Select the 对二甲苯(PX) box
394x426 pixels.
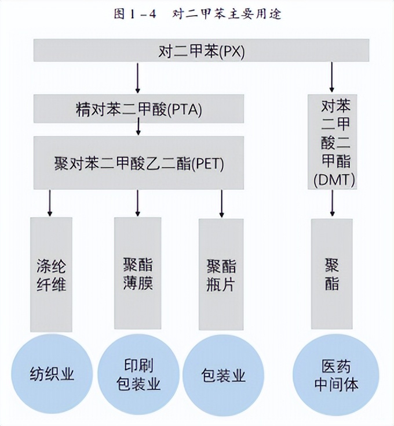tap(201, 50)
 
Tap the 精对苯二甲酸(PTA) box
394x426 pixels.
tap(138, 109)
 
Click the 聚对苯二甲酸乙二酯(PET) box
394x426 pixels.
tap(138, 163)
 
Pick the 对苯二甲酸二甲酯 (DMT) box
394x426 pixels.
tap(331, 142)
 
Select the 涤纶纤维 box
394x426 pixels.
tap(51, 275)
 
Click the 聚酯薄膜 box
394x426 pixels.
tap(138, 275)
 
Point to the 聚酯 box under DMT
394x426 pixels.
tap(332, 275)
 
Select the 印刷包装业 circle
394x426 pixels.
tap(138, 374)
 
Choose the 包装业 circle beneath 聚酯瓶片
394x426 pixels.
tap(223, 374)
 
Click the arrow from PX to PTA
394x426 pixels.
tap(138, 78)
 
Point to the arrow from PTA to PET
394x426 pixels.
tap(138, 128)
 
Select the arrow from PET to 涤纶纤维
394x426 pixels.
tap(50, 203)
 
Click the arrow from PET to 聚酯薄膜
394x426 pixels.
tap(138, 203)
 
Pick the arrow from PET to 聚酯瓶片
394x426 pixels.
tap(221, 203)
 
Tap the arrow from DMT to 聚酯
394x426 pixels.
tap(332, 204)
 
